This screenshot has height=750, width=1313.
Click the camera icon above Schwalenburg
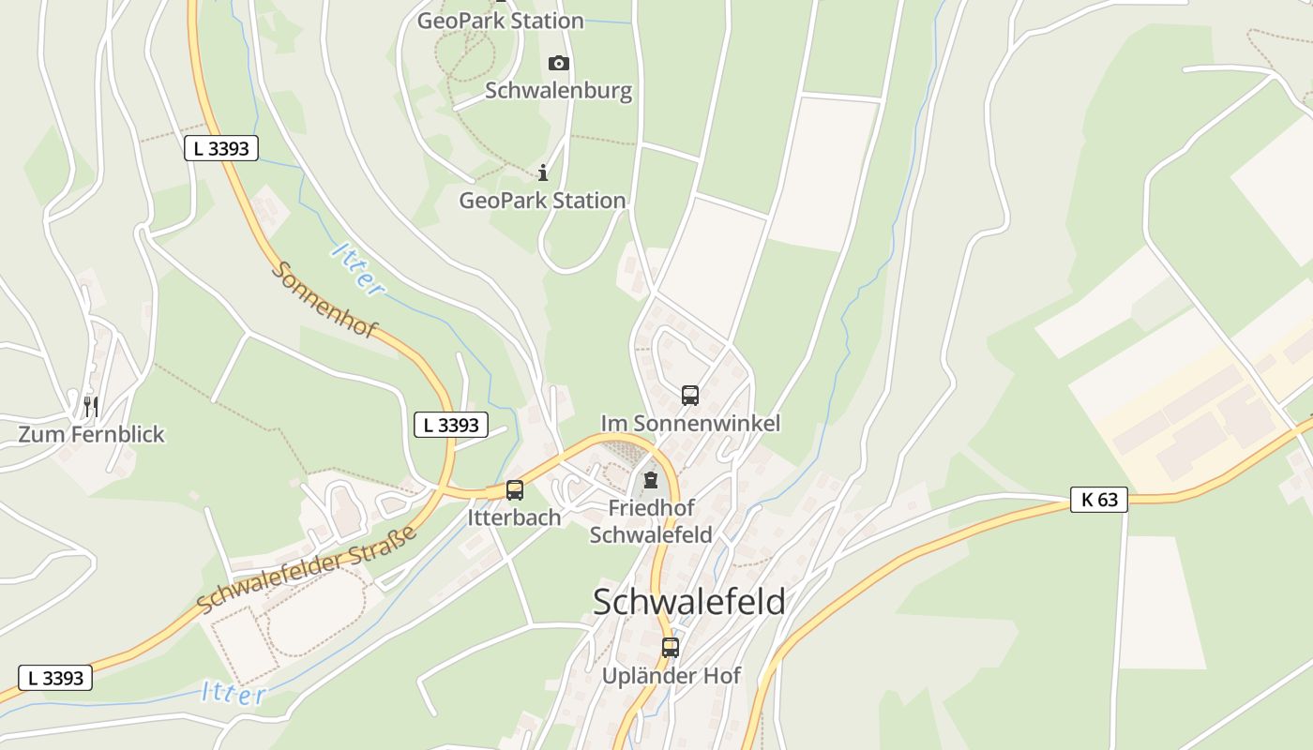click(x=559, y=63)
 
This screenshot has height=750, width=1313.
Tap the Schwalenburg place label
click(x=558, y=91)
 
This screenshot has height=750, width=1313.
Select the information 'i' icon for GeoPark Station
click(x=542, y=172)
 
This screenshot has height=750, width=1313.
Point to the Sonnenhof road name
click(x=324, y=299)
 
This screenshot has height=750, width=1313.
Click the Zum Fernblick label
click(x=91, y=434)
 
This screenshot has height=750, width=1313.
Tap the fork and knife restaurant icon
click(x=91, y=406)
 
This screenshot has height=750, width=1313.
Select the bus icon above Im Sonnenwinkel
click(x=690, y=395)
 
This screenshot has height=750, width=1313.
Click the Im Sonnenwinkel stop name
click(x=690, y=424)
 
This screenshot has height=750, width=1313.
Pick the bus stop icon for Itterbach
click(x=514, y=489)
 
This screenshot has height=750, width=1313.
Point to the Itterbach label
click(x=514, y=517)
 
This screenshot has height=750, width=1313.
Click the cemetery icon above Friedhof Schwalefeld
click(x=651, y=481)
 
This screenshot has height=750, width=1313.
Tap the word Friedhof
click(x=651, y=508)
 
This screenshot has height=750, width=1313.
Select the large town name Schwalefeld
click(x=689, y=602)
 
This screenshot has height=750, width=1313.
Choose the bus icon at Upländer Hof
click(x=670, y=647)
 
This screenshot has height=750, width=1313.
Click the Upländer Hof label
click(x=671, y=676)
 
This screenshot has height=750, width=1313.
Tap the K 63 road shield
click(x=1099, y=500)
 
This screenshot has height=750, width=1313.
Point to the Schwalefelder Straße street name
click(x=308, y=570)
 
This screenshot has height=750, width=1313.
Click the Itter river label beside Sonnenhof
click(x=357, y=269)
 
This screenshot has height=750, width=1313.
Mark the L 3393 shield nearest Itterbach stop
click(x=451, y=425)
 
